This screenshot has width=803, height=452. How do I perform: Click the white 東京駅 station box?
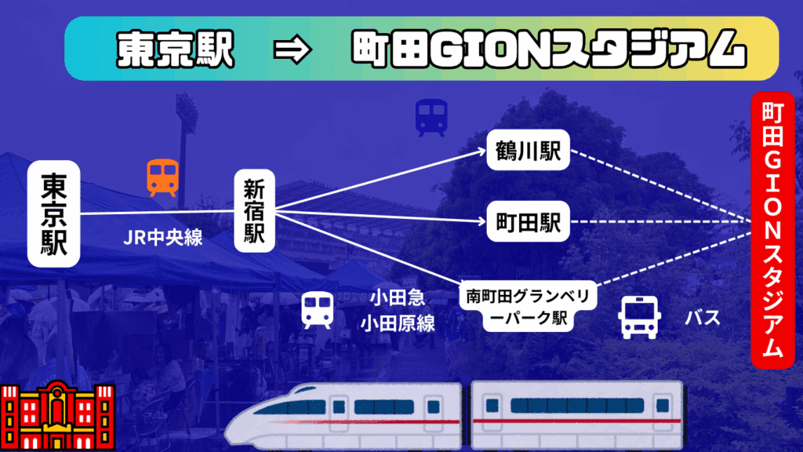[54, 214]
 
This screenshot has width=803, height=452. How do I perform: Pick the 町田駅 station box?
[527, 222]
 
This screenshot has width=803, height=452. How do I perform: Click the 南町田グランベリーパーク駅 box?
[530, 308]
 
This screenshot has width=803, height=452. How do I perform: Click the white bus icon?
[640, 317]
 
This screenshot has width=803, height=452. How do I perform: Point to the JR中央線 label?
[163, 237]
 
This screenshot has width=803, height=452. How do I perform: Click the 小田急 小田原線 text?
[398, 311]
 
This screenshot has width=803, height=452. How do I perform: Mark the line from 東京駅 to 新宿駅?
[157, 213]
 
